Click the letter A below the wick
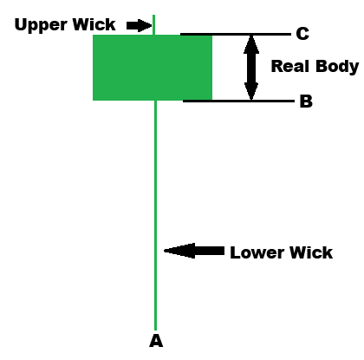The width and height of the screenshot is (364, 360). pyautogui.click(x=156, y=340)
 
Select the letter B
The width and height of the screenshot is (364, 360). pyautogui.click(x=305, y=101)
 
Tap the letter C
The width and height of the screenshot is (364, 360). pyautogui.click(x=302, y=34)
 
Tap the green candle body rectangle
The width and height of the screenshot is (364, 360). pyautogui.click(x=153, y=68)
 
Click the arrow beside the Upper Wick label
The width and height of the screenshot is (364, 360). pyautogui.click(x=138, y=25)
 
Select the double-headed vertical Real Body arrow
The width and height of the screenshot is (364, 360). pyautogui.click(x=251, y=68)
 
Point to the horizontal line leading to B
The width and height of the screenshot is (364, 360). pyautogui.click(x=238, y=101)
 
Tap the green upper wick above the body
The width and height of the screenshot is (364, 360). pyautogui.click(x=154, y=24)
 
